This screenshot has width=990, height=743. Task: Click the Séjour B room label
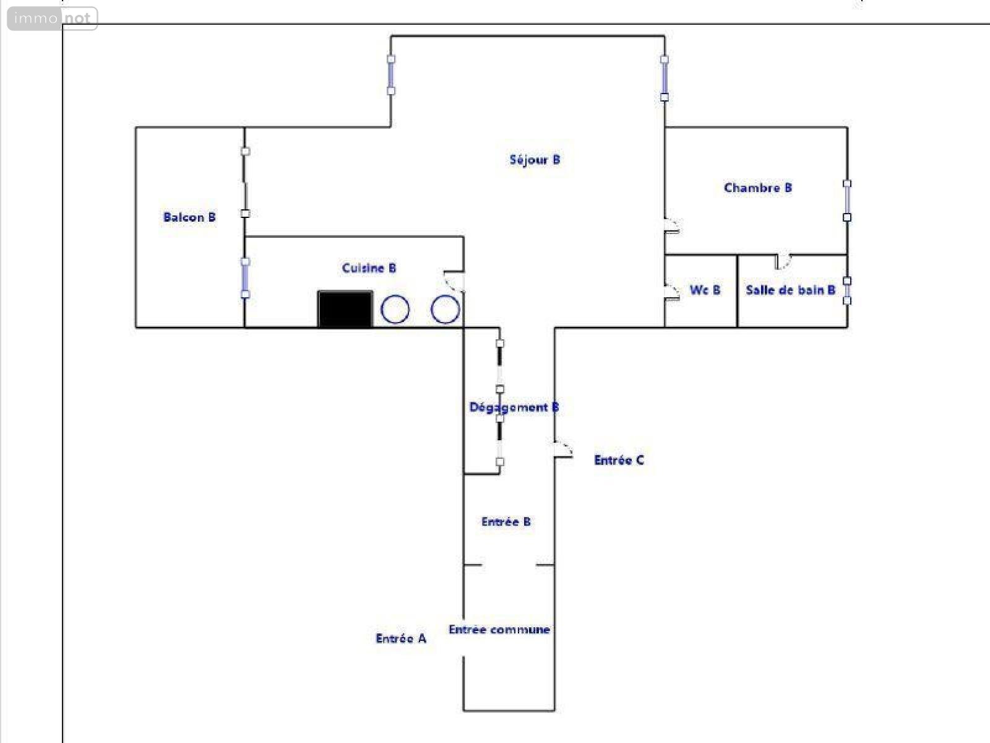pyautogui.click(x=535, y=160)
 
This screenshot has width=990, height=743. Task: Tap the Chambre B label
pyautogui.click(x=758, y=188)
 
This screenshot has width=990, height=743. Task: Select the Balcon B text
pyautogui.click(x=189, y=217)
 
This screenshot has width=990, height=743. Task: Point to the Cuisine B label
pyautogui.click(x=369, y=268)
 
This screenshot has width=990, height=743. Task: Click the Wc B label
pyautogui.click(x=705, y=290)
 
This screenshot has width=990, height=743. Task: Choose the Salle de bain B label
pyautogui.click(x=790, y=290)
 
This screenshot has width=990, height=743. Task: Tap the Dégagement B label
pyautogui.click(x=514, y=407)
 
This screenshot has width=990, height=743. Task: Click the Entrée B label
pyautogui.click(x=506, y=522)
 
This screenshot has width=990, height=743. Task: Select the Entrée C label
pyautogui.click(x=619, y=460)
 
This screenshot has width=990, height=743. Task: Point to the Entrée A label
pyautogui.click(x=401, y=638)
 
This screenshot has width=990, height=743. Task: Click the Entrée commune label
pyautogui.click(x=499, y=629)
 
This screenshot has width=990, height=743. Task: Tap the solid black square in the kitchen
pyautogui.click(x=345, y=309)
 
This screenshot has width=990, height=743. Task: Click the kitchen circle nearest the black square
pyautogui.click(x=395, y=310)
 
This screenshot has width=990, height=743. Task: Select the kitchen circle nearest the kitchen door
pyautogui.click(x=445, y=310)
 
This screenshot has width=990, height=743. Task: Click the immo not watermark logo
pyautogui.click(x=53, y=19)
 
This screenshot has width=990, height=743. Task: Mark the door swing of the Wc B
pyautogui.click(x=672, y=292)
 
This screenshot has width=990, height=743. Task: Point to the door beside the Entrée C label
pyautogui.click(x=563, y=450)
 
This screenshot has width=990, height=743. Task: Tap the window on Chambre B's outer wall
pyautogui.click(x=847, y=200)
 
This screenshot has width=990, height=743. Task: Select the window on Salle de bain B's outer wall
pyautogui.click(x=847, y=290)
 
